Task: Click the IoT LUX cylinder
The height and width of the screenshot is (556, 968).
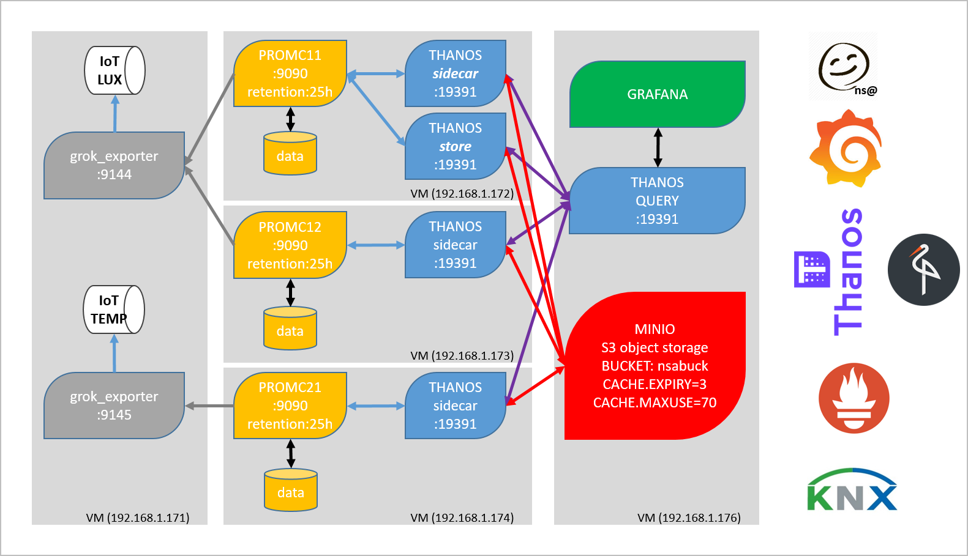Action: pyautogui.click(x=114, y=70)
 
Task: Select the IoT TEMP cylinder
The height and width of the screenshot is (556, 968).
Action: pyautogui.click(x=114, y=310)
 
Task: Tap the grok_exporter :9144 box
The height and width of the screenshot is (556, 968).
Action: pyautogui.click(x=114, y=165)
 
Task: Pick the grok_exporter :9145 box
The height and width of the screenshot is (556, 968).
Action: pyautogui.click(x=114, y=406)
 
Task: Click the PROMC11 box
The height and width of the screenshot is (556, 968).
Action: pyautogui.click(x=290, y=73)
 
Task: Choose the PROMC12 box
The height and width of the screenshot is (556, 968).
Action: pyautogui.click(x=290, y=245)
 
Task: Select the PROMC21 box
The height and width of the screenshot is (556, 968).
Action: pyautogui.click(x=290, y=406)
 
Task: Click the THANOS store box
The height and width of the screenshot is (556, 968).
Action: pyautogui.click(x=456, y=146)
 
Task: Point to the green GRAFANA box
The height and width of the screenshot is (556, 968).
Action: pyautogui.click(x=658, y=94)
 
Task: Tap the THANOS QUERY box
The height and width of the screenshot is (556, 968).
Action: pyautogui.click(x=658, y=201)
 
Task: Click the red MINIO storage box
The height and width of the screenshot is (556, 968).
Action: pyautogui.click(x=655, y=366)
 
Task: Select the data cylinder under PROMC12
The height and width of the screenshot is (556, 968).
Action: pyautogui.click(x=290, y=328)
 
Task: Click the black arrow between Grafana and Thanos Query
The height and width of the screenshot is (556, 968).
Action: pyautogui.click(x=658, y=147)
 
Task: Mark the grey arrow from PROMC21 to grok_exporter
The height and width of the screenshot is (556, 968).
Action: pyautogui.click(x=209, y=406)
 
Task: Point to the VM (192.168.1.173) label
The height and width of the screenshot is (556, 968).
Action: pyautogui.click(x=462, y=356)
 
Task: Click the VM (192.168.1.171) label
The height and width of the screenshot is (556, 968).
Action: pyautogui.click(x=138, y=517)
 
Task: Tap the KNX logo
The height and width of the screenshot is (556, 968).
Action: pyautogui.click(x=852, y=489)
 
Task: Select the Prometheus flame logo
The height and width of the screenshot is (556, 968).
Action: pyautogui.click(x=854, y=398)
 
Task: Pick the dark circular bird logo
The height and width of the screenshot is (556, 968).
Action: pyautogui.click(x=924, y=270)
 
